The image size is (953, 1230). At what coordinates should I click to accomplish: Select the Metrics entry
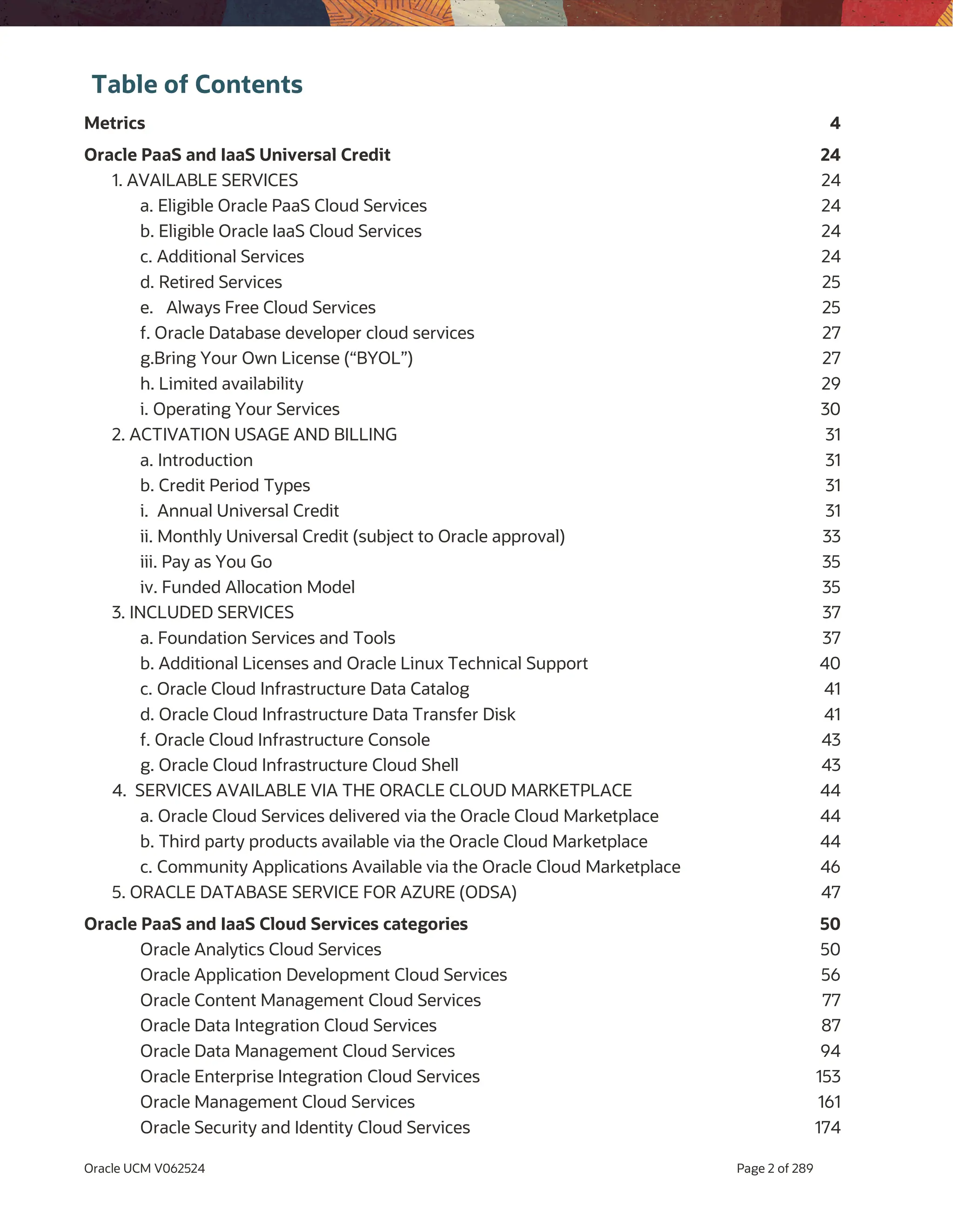114,123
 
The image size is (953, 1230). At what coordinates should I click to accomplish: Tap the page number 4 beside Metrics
835,123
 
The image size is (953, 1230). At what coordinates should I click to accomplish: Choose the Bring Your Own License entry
276,358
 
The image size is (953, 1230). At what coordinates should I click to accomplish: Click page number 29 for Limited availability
830,383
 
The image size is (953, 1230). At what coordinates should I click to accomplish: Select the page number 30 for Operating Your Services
830,409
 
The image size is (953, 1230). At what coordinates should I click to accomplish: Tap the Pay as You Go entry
206,562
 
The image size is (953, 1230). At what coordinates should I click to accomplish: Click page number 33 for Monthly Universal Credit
831,536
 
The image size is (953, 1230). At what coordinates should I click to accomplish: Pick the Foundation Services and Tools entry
268,638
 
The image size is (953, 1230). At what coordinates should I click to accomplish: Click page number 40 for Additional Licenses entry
830,663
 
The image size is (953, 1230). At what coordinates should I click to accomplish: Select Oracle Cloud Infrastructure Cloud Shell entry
299,765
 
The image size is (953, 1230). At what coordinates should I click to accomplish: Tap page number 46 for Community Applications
830,867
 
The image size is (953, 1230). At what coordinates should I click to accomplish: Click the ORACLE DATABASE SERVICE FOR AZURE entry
314,893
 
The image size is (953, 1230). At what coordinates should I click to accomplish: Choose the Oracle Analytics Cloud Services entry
260,949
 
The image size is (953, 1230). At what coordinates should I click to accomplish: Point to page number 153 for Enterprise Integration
827,1077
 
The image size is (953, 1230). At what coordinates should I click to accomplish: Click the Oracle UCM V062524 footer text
144,1169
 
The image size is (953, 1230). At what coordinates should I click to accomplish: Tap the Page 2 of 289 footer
774,1169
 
